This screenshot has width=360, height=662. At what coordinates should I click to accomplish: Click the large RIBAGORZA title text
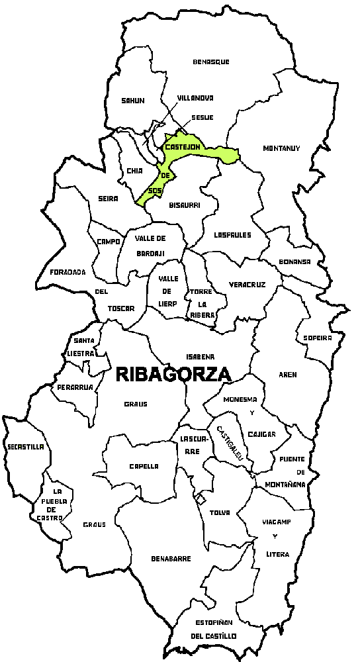coord(173,374)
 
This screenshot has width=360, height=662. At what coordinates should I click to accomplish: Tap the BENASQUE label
coord(211,62)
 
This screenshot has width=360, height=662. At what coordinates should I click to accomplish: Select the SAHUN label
coord(132,101)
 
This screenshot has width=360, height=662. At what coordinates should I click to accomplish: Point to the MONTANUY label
coord(281,148)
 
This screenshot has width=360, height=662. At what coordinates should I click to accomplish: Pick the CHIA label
coord(135,171)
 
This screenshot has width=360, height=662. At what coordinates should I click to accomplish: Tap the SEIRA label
coord(107,199)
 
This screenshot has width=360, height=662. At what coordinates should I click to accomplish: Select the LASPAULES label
coord(232,234)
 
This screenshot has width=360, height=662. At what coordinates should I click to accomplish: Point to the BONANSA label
coord(294,261)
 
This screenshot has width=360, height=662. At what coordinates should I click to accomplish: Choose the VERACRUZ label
coord(247,285)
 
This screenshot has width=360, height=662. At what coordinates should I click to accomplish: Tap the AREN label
coord(288,375)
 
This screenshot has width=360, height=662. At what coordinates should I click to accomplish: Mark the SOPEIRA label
coord(317,338)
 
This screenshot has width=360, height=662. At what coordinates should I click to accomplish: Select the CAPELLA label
coord(144,466)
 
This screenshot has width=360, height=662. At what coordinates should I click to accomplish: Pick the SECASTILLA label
coord(26,447)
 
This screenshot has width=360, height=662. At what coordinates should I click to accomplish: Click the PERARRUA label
coord(73,387)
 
